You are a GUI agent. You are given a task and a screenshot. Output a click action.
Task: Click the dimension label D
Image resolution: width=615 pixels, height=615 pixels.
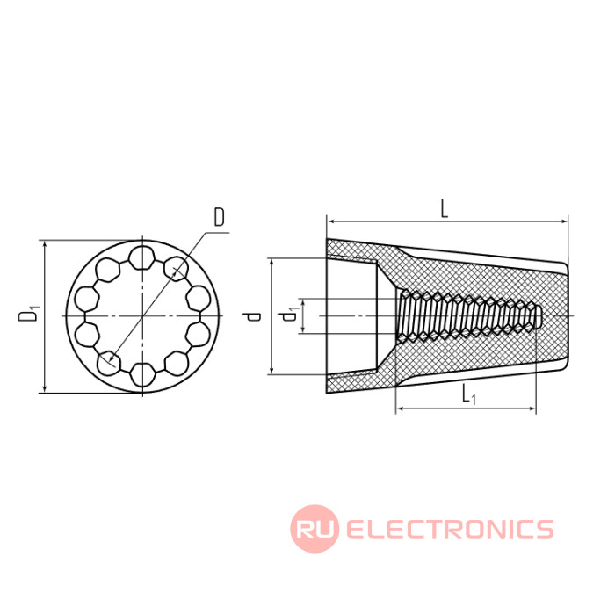220,218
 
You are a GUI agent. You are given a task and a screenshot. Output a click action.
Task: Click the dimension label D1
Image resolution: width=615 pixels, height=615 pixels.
29,312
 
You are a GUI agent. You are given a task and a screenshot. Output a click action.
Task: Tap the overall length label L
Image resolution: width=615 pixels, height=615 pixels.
444,209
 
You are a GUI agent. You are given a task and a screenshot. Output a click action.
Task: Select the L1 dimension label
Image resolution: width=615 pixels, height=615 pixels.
468,394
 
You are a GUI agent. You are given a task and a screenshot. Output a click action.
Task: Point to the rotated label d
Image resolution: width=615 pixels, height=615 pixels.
254,316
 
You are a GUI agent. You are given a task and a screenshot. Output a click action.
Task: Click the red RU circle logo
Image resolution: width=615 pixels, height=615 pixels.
315,529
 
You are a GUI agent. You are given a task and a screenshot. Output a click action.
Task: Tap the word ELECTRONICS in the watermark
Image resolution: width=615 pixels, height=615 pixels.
450,529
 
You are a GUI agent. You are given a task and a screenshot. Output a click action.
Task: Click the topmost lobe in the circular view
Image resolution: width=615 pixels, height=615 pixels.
141,257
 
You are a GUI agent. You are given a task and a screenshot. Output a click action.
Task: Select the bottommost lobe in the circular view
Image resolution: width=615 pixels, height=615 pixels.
142,374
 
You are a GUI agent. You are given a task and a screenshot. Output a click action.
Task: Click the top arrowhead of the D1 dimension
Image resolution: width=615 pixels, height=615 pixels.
45,245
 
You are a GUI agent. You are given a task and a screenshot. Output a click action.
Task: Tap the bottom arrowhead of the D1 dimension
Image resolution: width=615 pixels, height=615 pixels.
45,387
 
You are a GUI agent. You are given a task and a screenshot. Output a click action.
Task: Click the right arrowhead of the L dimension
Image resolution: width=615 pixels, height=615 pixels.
563,221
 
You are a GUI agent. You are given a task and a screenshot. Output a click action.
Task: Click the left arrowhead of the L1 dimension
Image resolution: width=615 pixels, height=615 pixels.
401,409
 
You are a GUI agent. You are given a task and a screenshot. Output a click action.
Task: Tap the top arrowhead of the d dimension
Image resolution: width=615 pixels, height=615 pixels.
271,264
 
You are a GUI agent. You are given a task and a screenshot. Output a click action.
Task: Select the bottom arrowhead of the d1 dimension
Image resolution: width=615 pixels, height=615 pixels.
302,329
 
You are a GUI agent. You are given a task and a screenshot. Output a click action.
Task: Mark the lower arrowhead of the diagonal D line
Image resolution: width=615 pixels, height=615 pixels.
112,358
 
